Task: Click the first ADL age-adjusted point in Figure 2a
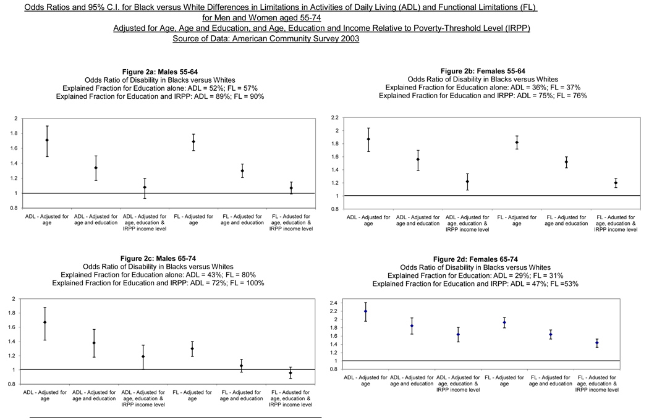click(47, 140)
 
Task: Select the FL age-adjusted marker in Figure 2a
click(193, 141)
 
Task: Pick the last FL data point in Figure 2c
click(291, 372)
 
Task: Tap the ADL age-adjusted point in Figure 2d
click(365, 311)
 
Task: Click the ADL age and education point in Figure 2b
click(417, 159)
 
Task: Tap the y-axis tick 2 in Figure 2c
click(16, 299)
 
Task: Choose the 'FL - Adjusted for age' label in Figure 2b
click(517, 220)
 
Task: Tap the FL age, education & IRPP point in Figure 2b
click(616, 183)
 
